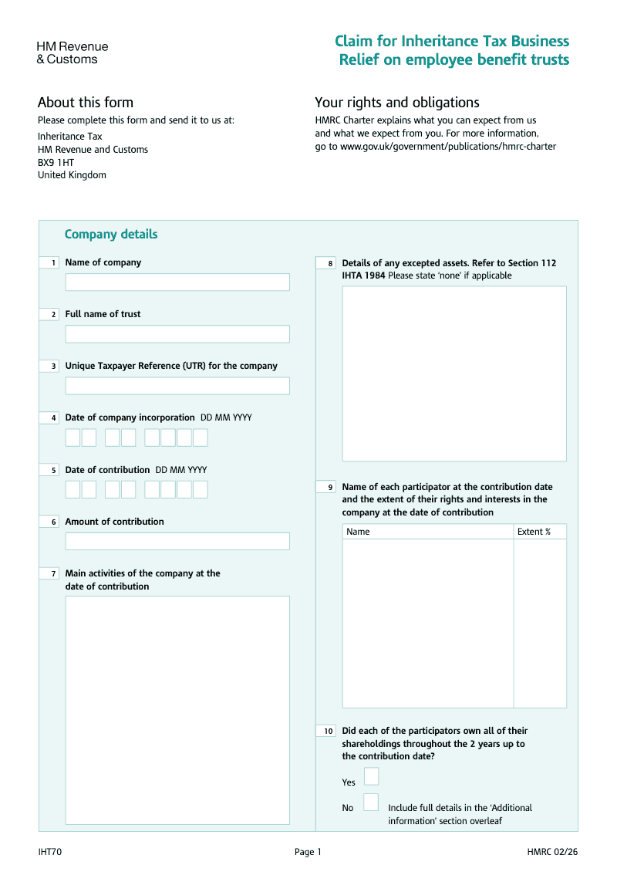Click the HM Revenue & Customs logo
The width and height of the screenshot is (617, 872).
72,52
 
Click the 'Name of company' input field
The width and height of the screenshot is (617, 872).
177,282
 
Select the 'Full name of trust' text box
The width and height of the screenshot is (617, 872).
177,334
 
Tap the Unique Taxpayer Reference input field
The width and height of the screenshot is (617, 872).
177,386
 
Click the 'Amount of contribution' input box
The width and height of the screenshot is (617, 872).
177,541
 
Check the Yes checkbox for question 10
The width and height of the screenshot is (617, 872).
371,776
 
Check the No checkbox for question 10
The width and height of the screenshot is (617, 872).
371,803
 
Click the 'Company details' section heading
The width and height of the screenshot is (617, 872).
111,235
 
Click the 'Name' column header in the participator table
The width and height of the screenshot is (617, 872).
358,532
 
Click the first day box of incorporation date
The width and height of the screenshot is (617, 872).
72,438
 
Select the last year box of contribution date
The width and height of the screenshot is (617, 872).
201,489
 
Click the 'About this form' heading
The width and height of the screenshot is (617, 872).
86,103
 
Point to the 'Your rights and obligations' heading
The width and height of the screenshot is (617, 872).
396,103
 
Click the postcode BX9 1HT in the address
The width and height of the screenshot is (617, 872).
56,163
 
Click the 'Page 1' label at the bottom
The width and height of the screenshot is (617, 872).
308,852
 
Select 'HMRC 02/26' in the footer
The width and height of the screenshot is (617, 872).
552,852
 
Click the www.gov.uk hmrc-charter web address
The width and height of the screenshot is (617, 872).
448,147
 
